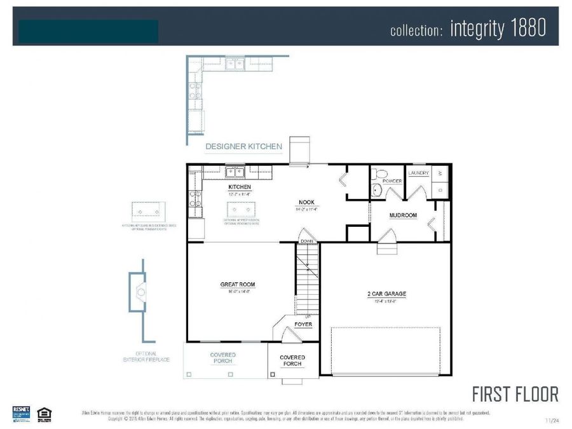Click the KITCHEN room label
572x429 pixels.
click(240, 187)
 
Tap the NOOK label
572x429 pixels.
click(308, 203)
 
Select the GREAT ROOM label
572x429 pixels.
click(237, 285)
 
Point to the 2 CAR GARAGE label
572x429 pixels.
click(386, 294)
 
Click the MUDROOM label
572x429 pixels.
click(403, 215)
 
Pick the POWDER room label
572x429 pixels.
click(392, 181)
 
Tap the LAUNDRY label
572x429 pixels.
click(419, 173)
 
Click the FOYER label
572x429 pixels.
click(303, 325)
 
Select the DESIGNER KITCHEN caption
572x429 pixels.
click(243, 146)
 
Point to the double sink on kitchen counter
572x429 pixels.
click(235, 171)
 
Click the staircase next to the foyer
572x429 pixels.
click(307, 279)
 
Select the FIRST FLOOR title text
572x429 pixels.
click(515, 394)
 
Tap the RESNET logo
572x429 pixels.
click(22, 412)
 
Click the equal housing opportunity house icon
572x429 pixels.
click(44, 413)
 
